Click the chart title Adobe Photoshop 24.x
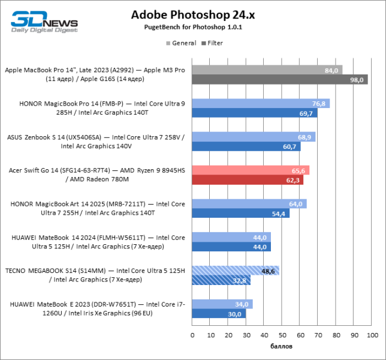[193, 15]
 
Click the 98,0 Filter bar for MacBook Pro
[280, 79]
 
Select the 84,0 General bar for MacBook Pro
[267, 70]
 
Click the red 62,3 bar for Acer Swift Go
[248, 179]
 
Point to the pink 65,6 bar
[251, 170]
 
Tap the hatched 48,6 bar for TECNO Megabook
[236, 271]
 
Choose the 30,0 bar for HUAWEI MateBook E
[219, 313]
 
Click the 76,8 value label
[319, 104]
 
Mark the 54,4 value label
[279, 213]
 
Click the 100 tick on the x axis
[372, 335]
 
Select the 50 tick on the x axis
[282, 335]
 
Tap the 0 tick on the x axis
[192, 335]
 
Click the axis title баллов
[282, 346]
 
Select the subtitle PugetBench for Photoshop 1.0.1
[193, 28]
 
